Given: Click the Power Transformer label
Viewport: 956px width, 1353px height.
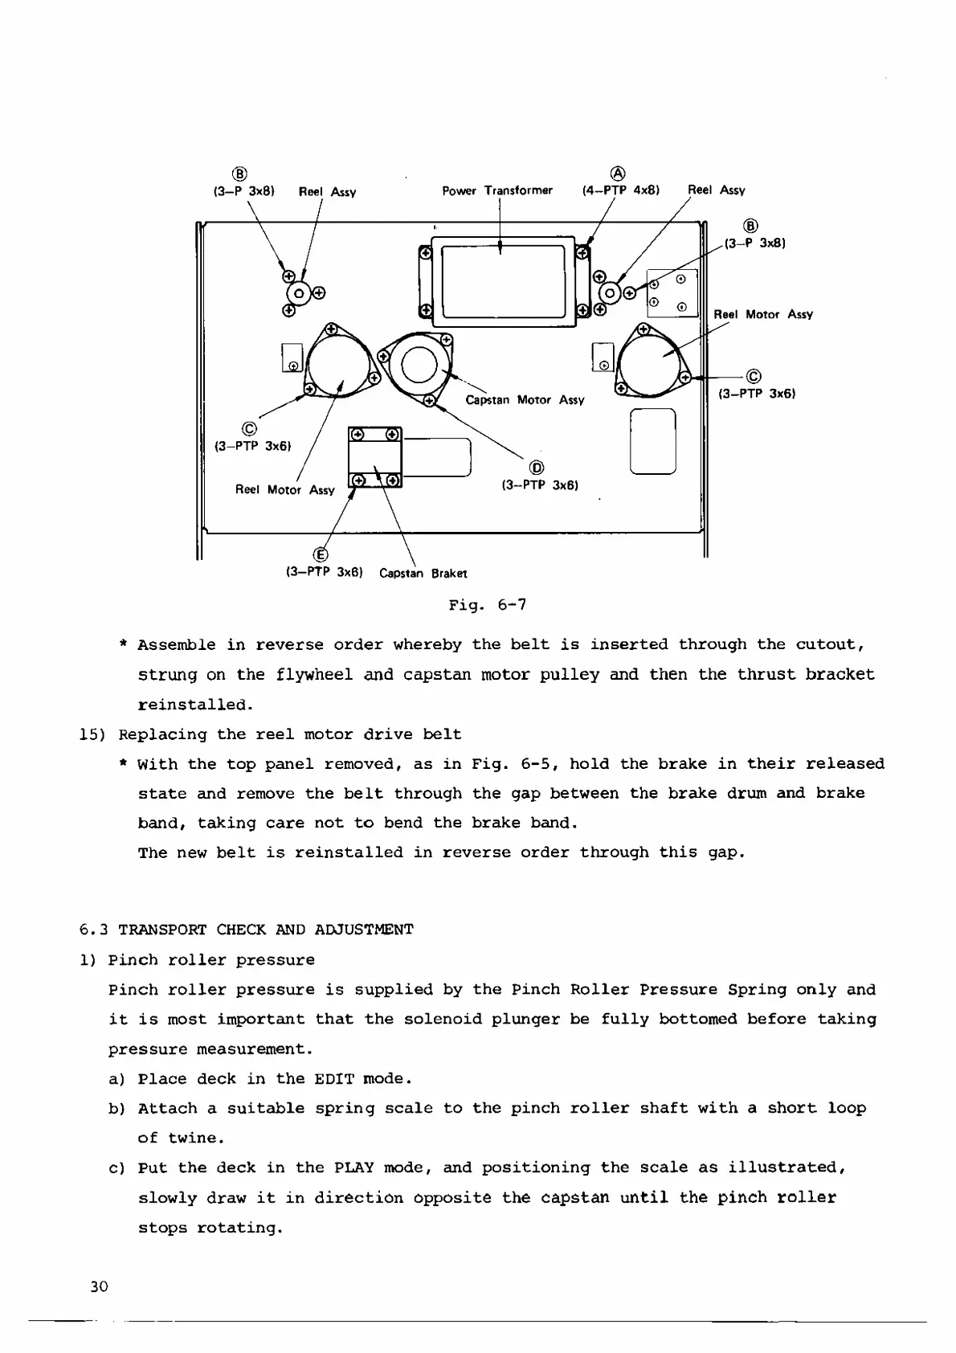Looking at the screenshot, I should click(497, 190).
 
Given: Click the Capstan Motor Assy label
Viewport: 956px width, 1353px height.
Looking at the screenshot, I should click(525, 400).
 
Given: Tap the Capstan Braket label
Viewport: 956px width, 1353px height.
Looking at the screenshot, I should click(423, 574).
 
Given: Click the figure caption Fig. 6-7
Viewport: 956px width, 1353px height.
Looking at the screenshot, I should click(488, 604).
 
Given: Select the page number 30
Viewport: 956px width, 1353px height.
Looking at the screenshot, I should click(99, 1286).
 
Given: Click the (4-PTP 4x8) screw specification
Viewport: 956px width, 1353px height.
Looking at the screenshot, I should click(620, 190).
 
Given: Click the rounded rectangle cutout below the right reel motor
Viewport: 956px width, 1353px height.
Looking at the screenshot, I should click(653, 441).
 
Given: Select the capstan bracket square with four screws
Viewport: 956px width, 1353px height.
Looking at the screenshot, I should click(374, 458).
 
